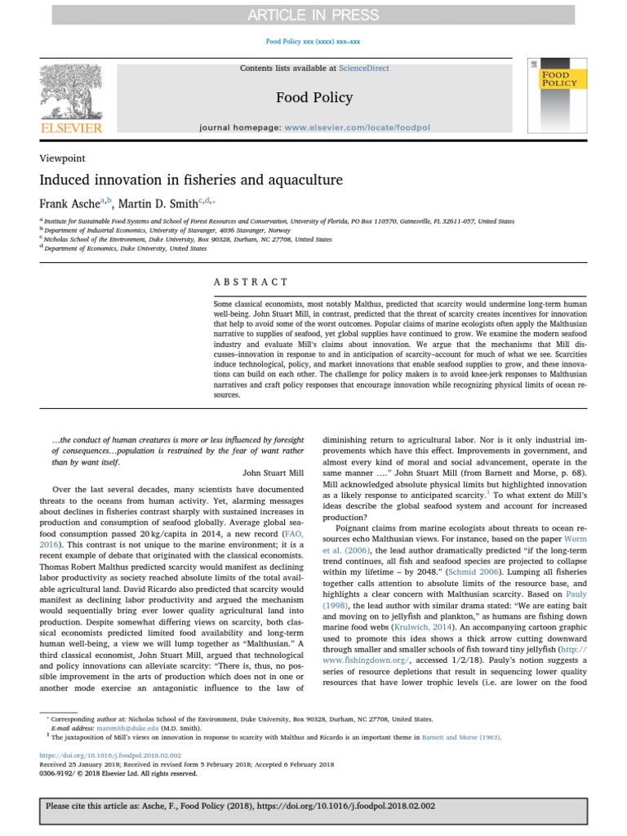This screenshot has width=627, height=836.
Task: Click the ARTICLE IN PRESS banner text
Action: pyautogui.click(x=313, y=15)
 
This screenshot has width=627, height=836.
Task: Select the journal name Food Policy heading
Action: pyautogui.click(x=314, y=98)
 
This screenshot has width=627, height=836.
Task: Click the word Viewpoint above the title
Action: pyautogui.click(x=62, y=158)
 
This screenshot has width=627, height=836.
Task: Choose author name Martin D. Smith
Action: pyautogui.click(x=162, y=203)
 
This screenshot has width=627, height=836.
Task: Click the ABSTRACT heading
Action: pyautogui.click(x=251, y=282)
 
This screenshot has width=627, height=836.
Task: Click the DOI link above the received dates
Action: pyautogui.click(x=110, y=756)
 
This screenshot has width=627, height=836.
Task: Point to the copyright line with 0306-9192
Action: pyautogui.click(x=118, y=773)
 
